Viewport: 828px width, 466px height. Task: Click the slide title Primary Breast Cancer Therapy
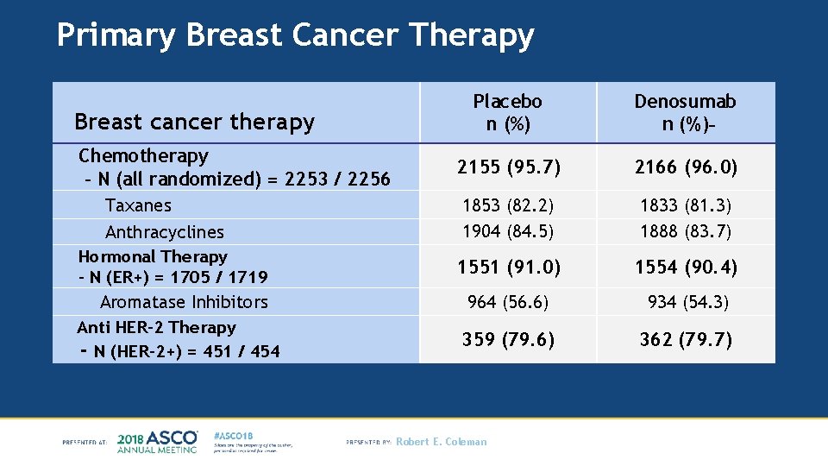point(295,35)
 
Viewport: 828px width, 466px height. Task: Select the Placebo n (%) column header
point(507,113)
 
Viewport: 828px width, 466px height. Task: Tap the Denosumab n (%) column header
point(685,113)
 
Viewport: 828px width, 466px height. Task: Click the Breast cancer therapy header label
point(195,122)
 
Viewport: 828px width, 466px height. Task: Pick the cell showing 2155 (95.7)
point(507,167)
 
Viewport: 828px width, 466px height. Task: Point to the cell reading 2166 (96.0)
point(686,167)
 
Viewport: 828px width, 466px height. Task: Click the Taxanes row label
point(138,205)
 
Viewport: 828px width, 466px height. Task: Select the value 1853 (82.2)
point(507,205)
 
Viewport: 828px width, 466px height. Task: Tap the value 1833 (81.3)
point(686,205)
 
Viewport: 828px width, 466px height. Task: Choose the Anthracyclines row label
point(164,232)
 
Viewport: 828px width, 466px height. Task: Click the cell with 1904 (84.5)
point(507,231)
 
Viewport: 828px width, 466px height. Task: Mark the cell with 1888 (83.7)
point(686,231)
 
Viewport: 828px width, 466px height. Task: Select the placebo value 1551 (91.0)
point(507,268)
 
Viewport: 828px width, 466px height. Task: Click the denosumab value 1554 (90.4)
point(686,268)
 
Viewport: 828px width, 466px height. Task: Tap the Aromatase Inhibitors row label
point(184,302)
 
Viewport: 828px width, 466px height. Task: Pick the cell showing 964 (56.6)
point(507,302)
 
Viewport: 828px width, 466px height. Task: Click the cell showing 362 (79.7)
point(686,339)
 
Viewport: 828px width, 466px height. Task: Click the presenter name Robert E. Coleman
point(441,442)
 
